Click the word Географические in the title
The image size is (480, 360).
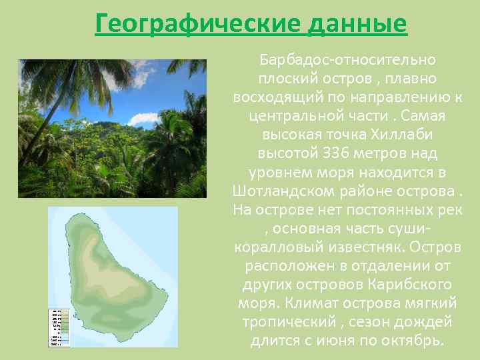[x=198, y=24]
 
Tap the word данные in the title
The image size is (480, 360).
[x=357, y=24]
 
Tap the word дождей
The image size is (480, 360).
[x=425, y=322]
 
